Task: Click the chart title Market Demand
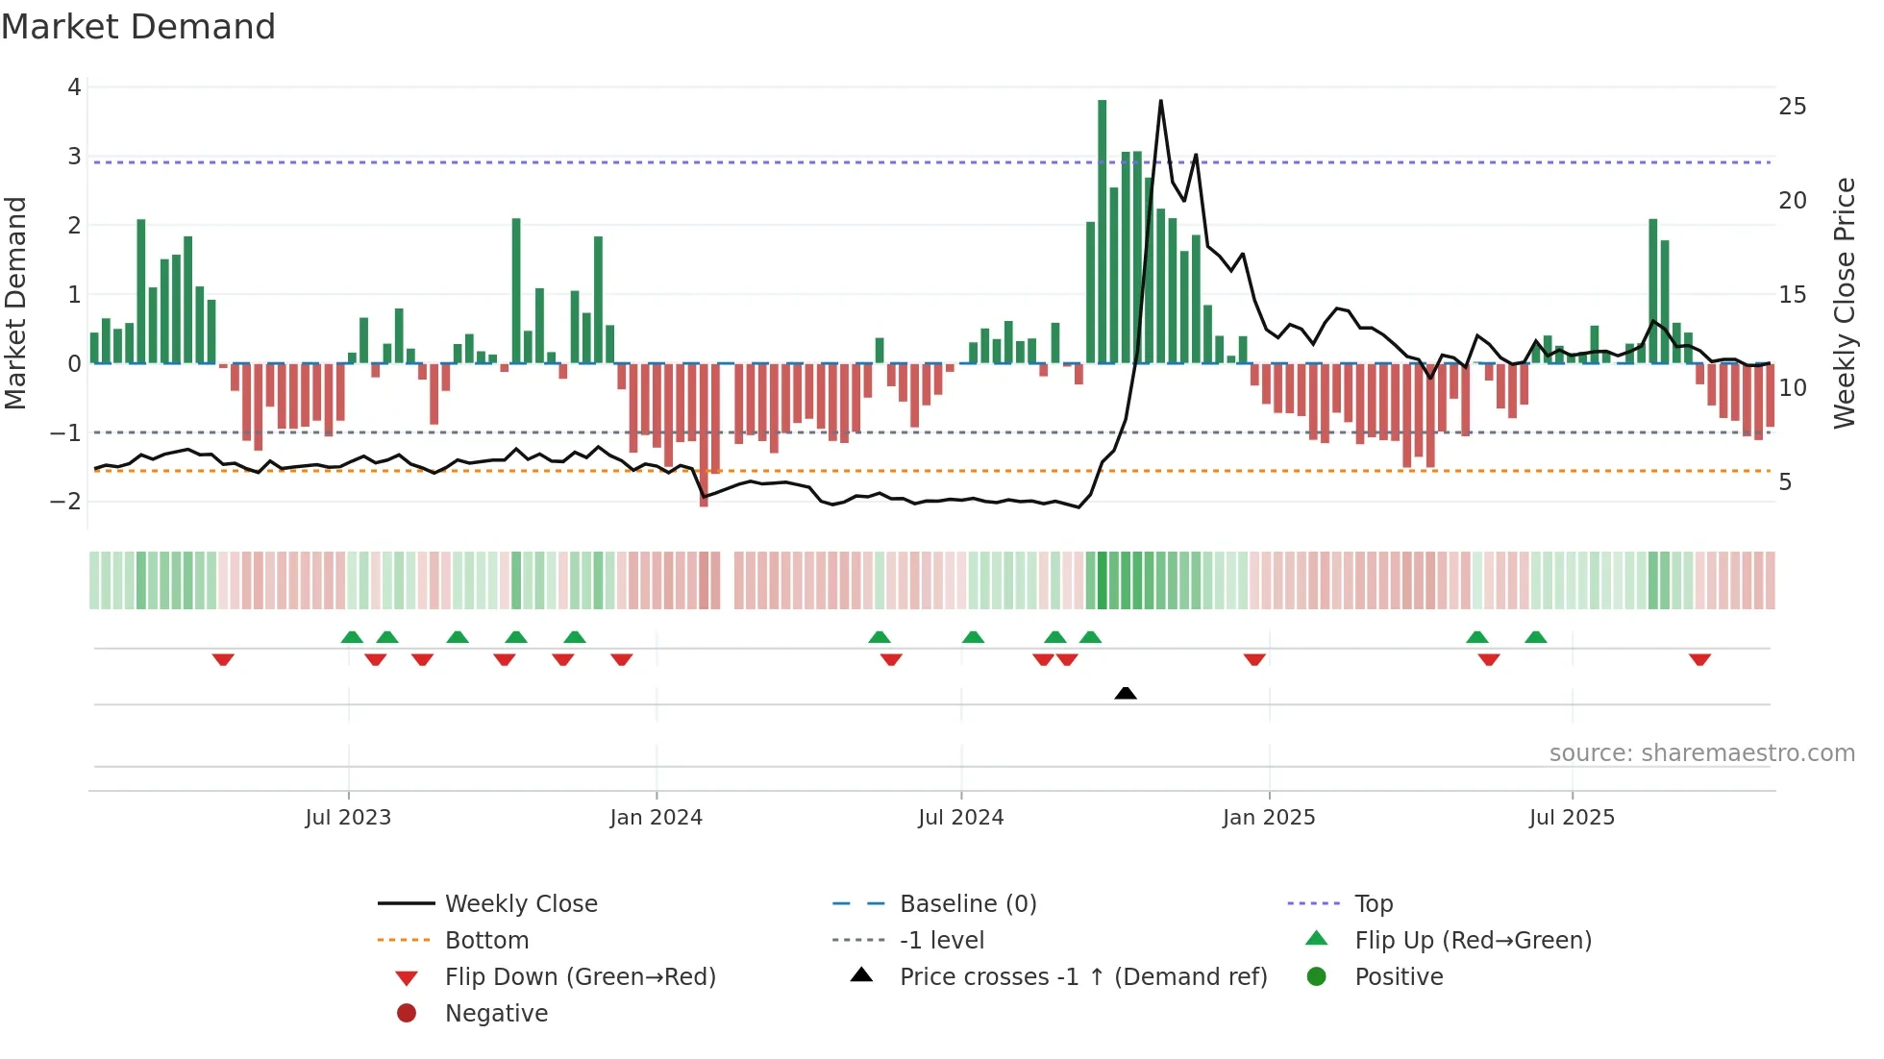138,26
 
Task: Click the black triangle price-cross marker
1126,693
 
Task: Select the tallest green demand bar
1102,231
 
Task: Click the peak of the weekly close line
1161,101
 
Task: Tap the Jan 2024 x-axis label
657,818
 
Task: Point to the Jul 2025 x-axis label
1572,818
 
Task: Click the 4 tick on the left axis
74,87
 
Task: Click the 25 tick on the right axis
1792,107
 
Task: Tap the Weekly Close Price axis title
1844,303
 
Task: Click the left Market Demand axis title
15,303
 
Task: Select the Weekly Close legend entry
520,904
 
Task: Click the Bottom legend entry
486,941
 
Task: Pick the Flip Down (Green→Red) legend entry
580,977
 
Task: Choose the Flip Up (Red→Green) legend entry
1473,941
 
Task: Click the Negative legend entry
496,1014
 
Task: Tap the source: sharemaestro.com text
1701,753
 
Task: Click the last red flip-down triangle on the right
1699,660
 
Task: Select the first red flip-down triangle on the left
223,660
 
